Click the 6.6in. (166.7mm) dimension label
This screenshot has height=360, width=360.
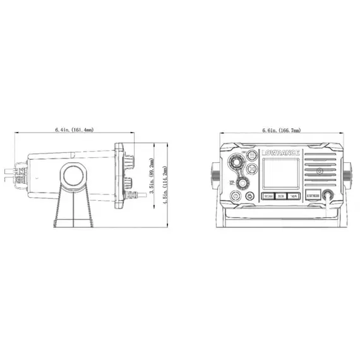281,130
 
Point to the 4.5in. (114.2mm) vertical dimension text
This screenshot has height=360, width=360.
165,183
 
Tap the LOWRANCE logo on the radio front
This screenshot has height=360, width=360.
280,152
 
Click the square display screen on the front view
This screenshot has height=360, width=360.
280,174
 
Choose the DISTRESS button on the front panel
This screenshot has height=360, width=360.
313,196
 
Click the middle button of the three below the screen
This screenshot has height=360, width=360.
280,196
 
